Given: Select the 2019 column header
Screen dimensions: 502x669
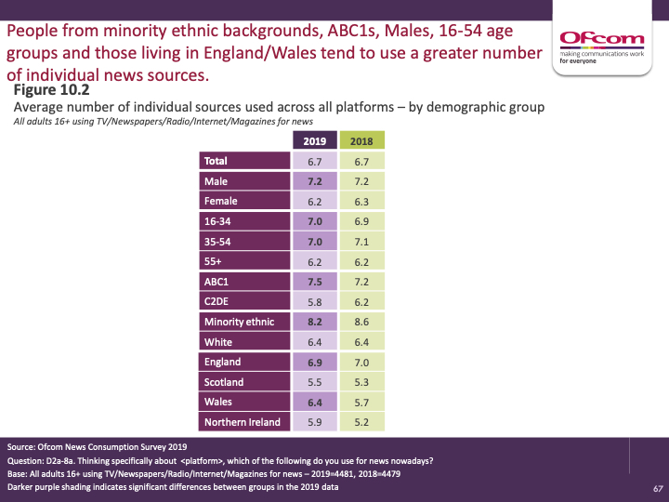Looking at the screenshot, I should (316, 140).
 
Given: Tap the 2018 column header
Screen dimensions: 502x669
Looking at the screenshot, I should (361, 140).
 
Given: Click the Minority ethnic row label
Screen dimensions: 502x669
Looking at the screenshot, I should (239, 322).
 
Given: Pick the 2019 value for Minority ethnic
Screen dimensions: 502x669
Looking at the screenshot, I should (316, 322).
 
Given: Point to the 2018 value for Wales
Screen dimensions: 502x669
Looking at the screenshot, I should (361, 402).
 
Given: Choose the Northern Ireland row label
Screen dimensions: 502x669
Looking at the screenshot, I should (242, 422).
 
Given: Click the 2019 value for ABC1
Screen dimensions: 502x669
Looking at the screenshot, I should (316, 282).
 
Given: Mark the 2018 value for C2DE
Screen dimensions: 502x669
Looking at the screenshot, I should (361, 301).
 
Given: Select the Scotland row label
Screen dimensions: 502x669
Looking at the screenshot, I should (224, 382).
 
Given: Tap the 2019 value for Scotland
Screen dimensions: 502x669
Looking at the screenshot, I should (316, 382).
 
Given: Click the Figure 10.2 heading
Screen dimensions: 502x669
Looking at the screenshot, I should (52, 90).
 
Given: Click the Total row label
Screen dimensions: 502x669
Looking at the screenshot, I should (216, 161).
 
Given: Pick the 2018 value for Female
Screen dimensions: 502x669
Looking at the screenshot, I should (361, 201).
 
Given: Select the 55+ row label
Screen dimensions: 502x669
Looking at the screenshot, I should (214, 261).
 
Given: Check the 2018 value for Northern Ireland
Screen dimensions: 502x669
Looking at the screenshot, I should (361, 422).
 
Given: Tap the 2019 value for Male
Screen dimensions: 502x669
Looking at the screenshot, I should (316, 181).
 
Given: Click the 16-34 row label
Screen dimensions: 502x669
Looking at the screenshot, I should (217, 221).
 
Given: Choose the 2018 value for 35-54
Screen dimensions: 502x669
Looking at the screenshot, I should (361, 242).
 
